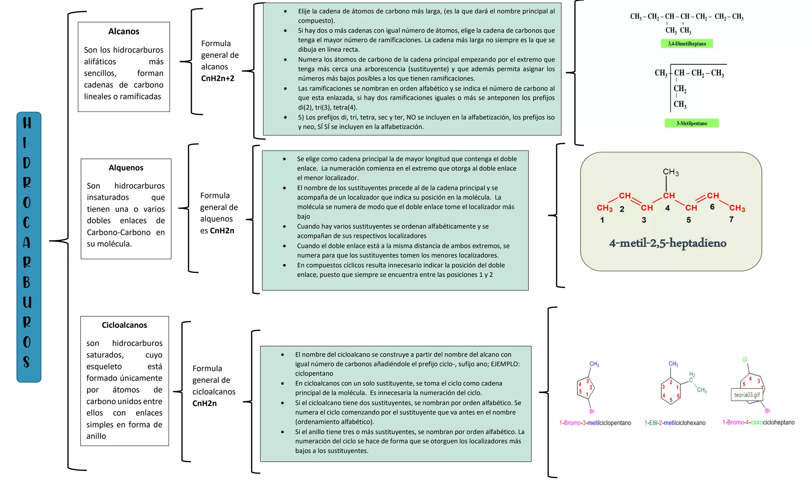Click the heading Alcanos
point(124,32)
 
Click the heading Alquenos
point(126,168)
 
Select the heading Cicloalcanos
point(124,325)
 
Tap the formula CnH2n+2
point(218,78)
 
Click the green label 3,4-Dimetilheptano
point(687,43)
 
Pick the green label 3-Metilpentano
point(692,123)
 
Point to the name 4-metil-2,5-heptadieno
point(668,243)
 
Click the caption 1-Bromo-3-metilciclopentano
point(595,423)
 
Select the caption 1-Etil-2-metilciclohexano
point(675,423)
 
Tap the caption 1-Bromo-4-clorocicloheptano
point(759,422)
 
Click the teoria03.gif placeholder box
point(747,395)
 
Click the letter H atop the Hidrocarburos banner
point(27,123)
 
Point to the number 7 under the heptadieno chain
point(731,219)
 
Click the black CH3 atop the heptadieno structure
point(671,172)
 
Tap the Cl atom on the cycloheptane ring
point(745,359)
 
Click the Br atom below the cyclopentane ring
point(592,411)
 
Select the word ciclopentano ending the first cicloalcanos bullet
point(314,374)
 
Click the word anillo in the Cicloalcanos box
point(96,436)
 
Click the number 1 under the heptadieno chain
point(602,220)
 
